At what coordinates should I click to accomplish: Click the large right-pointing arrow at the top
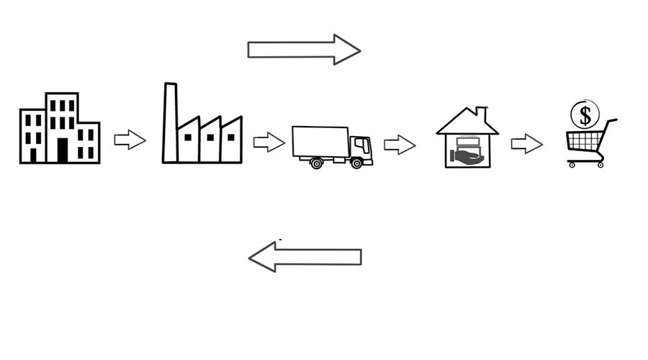[x=303, y=50]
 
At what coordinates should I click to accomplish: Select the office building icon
[x=59, y=128]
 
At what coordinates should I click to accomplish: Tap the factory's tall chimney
[x=170, y=122]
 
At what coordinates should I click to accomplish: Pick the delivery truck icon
[x=332, y=147]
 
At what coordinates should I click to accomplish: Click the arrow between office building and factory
[x=130, y=140]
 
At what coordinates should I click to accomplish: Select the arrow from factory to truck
[x=269, y=142]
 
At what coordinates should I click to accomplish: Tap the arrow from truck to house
[x=400, y=145]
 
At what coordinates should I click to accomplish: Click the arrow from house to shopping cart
[x=526, y=143]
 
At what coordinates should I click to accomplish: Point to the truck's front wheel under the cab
[x=356, y=163]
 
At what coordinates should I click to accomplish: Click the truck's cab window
[x=362, y=145]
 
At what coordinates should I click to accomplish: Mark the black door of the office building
[x=63, y=150]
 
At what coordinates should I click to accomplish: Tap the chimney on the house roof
[x=481, y=114]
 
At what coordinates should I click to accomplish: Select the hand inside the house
[x=467, y=155]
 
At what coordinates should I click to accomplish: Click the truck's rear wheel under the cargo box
[x=316, y=163]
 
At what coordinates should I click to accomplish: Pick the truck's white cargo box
[x=320, y=141]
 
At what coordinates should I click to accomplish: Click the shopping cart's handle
[x=611, y=122]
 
